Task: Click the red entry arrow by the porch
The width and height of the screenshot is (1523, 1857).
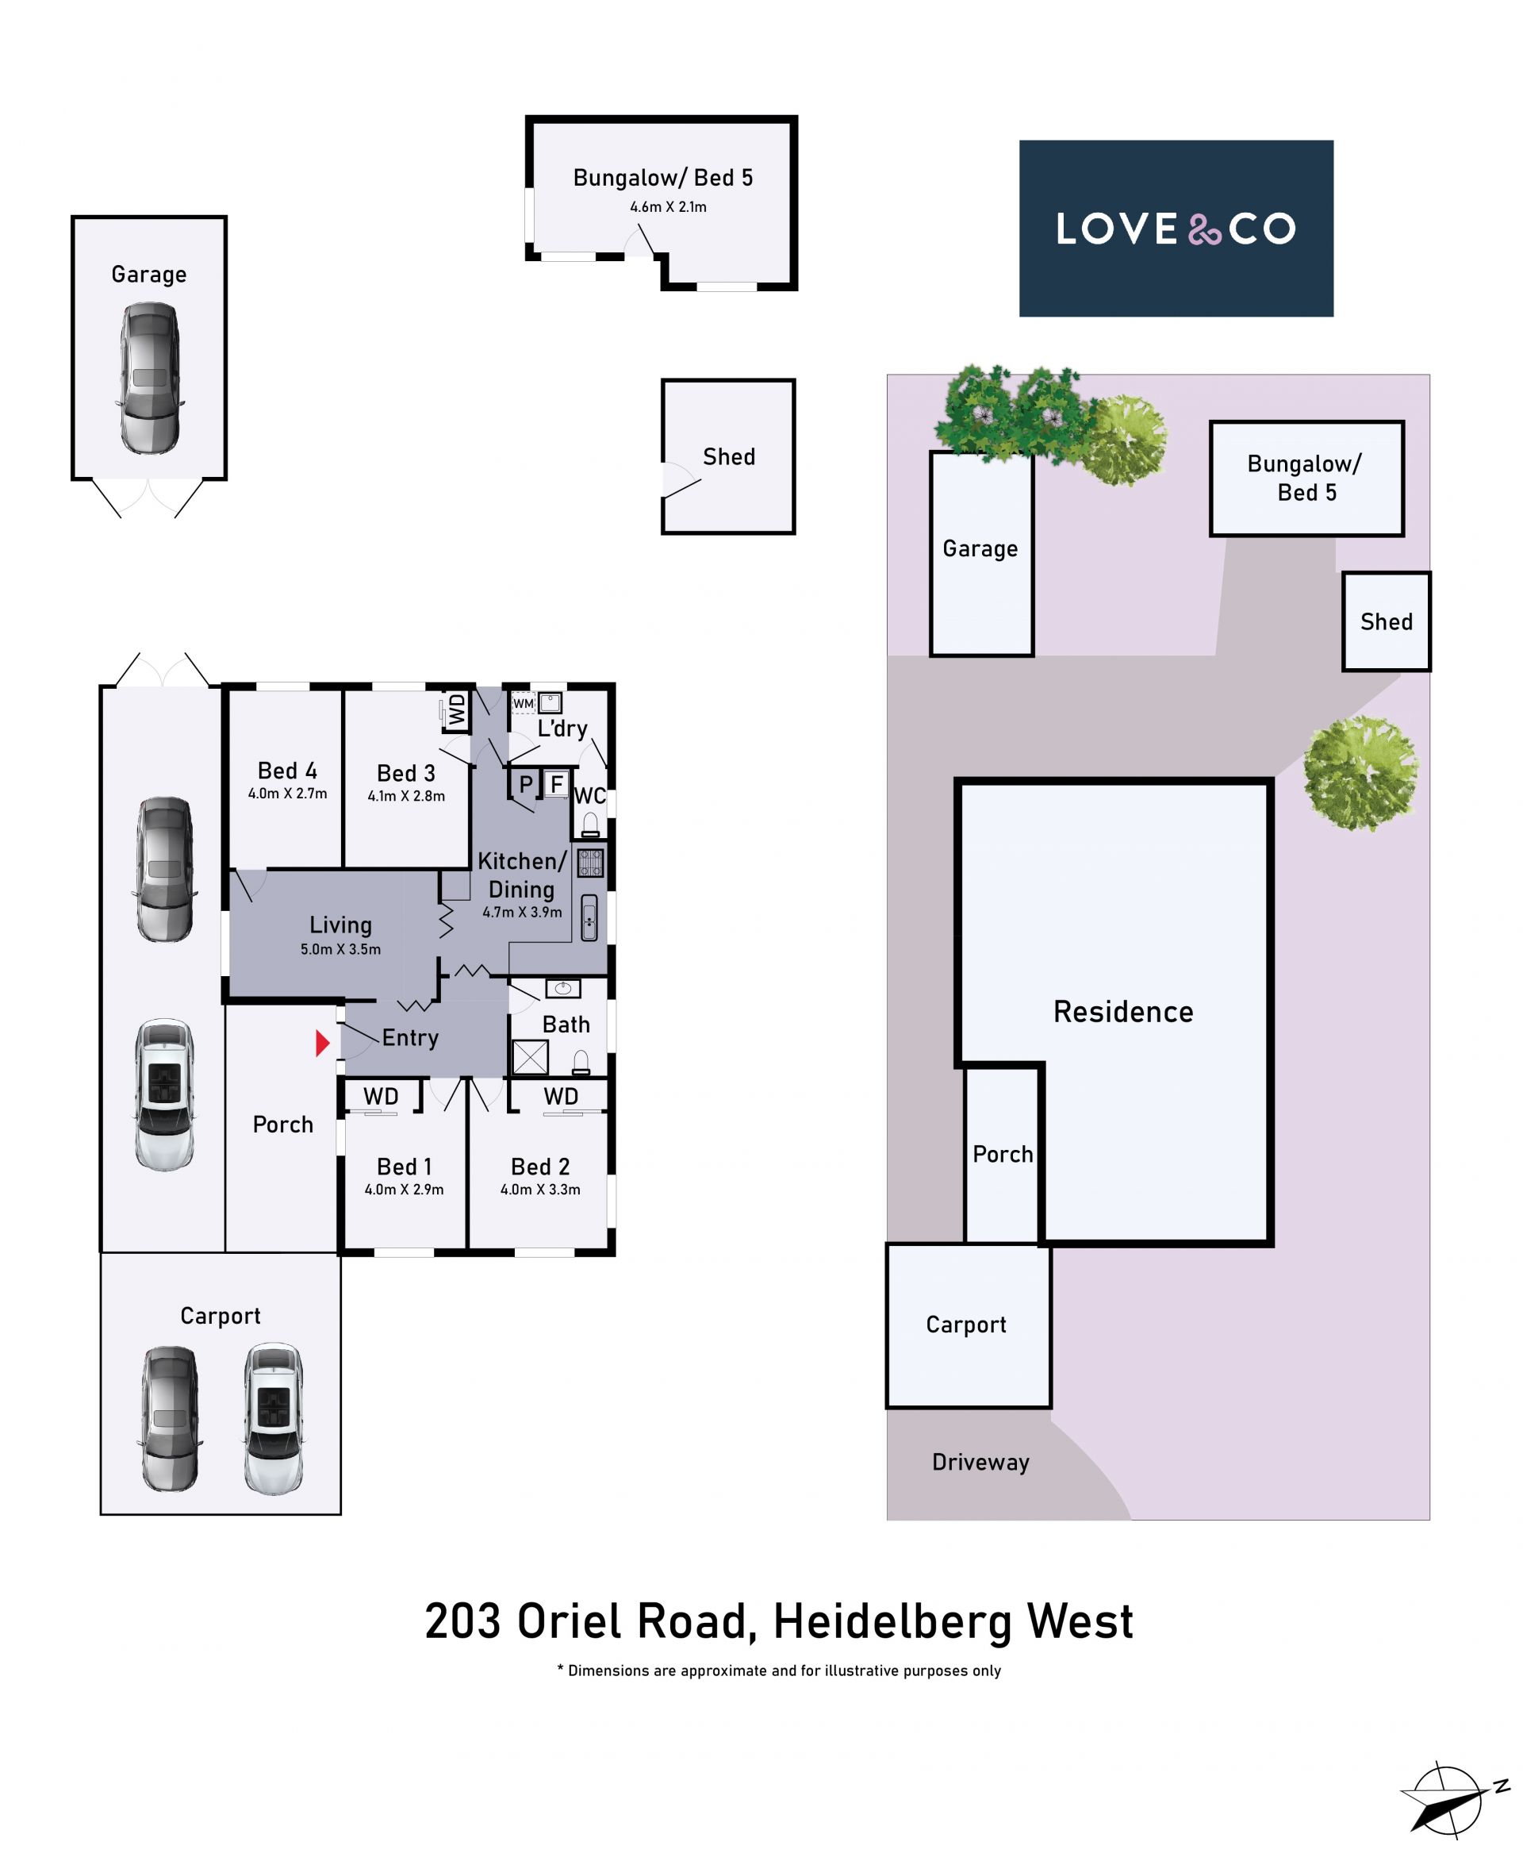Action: click(x=322, y=1043)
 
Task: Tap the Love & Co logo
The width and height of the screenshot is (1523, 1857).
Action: click(x=1176, y=229)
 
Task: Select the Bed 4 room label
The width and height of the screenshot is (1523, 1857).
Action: click(x=287, y=771)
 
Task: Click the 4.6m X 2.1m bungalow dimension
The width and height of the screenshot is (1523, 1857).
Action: click(x=668, y=207)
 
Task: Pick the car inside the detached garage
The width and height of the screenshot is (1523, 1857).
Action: click(x=149, y=379)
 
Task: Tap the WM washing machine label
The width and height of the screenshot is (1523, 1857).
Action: click(x=523, y=703)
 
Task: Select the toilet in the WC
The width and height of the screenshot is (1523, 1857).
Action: click(x=590, y=824)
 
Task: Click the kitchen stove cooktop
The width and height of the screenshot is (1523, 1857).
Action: click(x=590, y=863)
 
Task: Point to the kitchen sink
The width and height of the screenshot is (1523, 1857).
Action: click(x=589, y=918)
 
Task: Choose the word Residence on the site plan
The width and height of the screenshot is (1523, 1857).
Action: click(x=1123, y=1012)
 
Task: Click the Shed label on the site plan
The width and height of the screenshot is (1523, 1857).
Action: click(x=1386, y=621)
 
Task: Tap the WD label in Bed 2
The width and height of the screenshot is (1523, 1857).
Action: click(x=561, y=1096)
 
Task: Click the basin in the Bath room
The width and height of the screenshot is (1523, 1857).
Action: click(x=563, y=989)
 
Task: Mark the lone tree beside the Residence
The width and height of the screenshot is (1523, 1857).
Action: click(x=1360, y=773)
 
